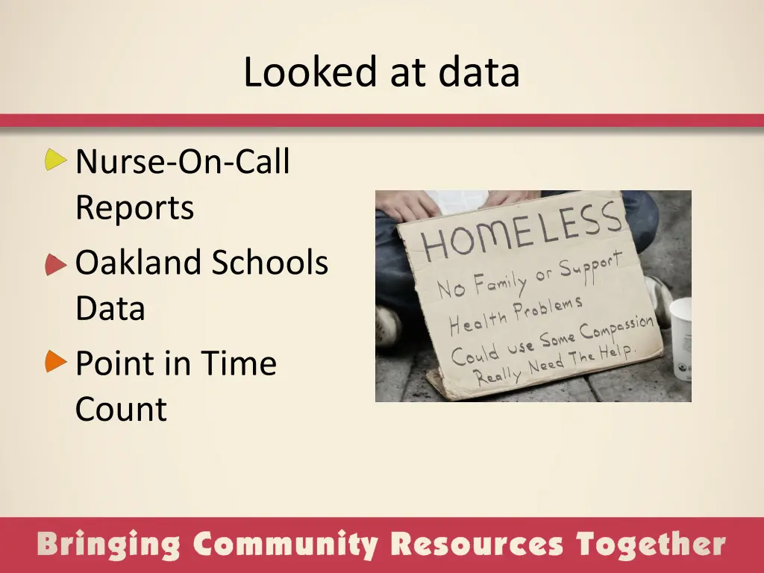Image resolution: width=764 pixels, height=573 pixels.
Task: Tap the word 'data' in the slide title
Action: [478, 73]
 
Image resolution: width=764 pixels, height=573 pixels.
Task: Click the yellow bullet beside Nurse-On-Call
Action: [55, 159]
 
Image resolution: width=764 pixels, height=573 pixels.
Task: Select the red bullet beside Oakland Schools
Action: [55, 264]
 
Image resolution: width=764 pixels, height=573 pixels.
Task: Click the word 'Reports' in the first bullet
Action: [134, 208]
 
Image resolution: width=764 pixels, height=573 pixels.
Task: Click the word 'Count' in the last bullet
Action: [121, 410]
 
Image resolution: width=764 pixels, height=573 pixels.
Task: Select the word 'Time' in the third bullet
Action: [238, 364]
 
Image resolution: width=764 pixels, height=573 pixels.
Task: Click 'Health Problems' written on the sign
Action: [515, 313]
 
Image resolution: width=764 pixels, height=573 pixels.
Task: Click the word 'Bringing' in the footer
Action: [108, 545]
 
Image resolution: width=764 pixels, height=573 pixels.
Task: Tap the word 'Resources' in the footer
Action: [477, 545]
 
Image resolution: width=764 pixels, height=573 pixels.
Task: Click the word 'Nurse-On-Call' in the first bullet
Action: [182, 162]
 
